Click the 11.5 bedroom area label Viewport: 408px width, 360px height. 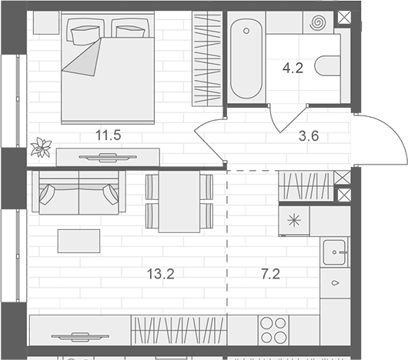tap(109, 135)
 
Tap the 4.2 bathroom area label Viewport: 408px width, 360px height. tap(293, 68)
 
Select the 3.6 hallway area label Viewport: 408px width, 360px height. tap(309, 136)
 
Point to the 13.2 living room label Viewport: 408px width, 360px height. tap(161, 274)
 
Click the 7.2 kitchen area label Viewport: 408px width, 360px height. tap(271, 274)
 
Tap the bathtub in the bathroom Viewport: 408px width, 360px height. tap(246, 59)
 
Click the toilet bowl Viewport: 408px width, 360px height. tap(328, 65)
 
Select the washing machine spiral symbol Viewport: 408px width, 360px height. tap(317, 22)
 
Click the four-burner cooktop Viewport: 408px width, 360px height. tap(273, 330)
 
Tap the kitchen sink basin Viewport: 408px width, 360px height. tap(334, 252)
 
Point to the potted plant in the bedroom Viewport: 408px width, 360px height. tap(41, 148)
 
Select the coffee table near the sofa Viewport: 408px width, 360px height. tap(79, 241)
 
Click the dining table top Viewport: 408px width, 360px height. tap(179, 202)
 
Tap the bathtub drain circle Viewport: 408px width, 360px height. tap(246, 31)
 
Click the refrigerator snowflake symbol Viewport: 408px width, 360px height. tap(294, 221)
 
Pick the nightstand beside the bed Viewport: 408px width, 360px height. tap(46, 22)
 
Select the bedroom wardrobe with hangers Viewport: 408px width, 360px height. tap(207, 58)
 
